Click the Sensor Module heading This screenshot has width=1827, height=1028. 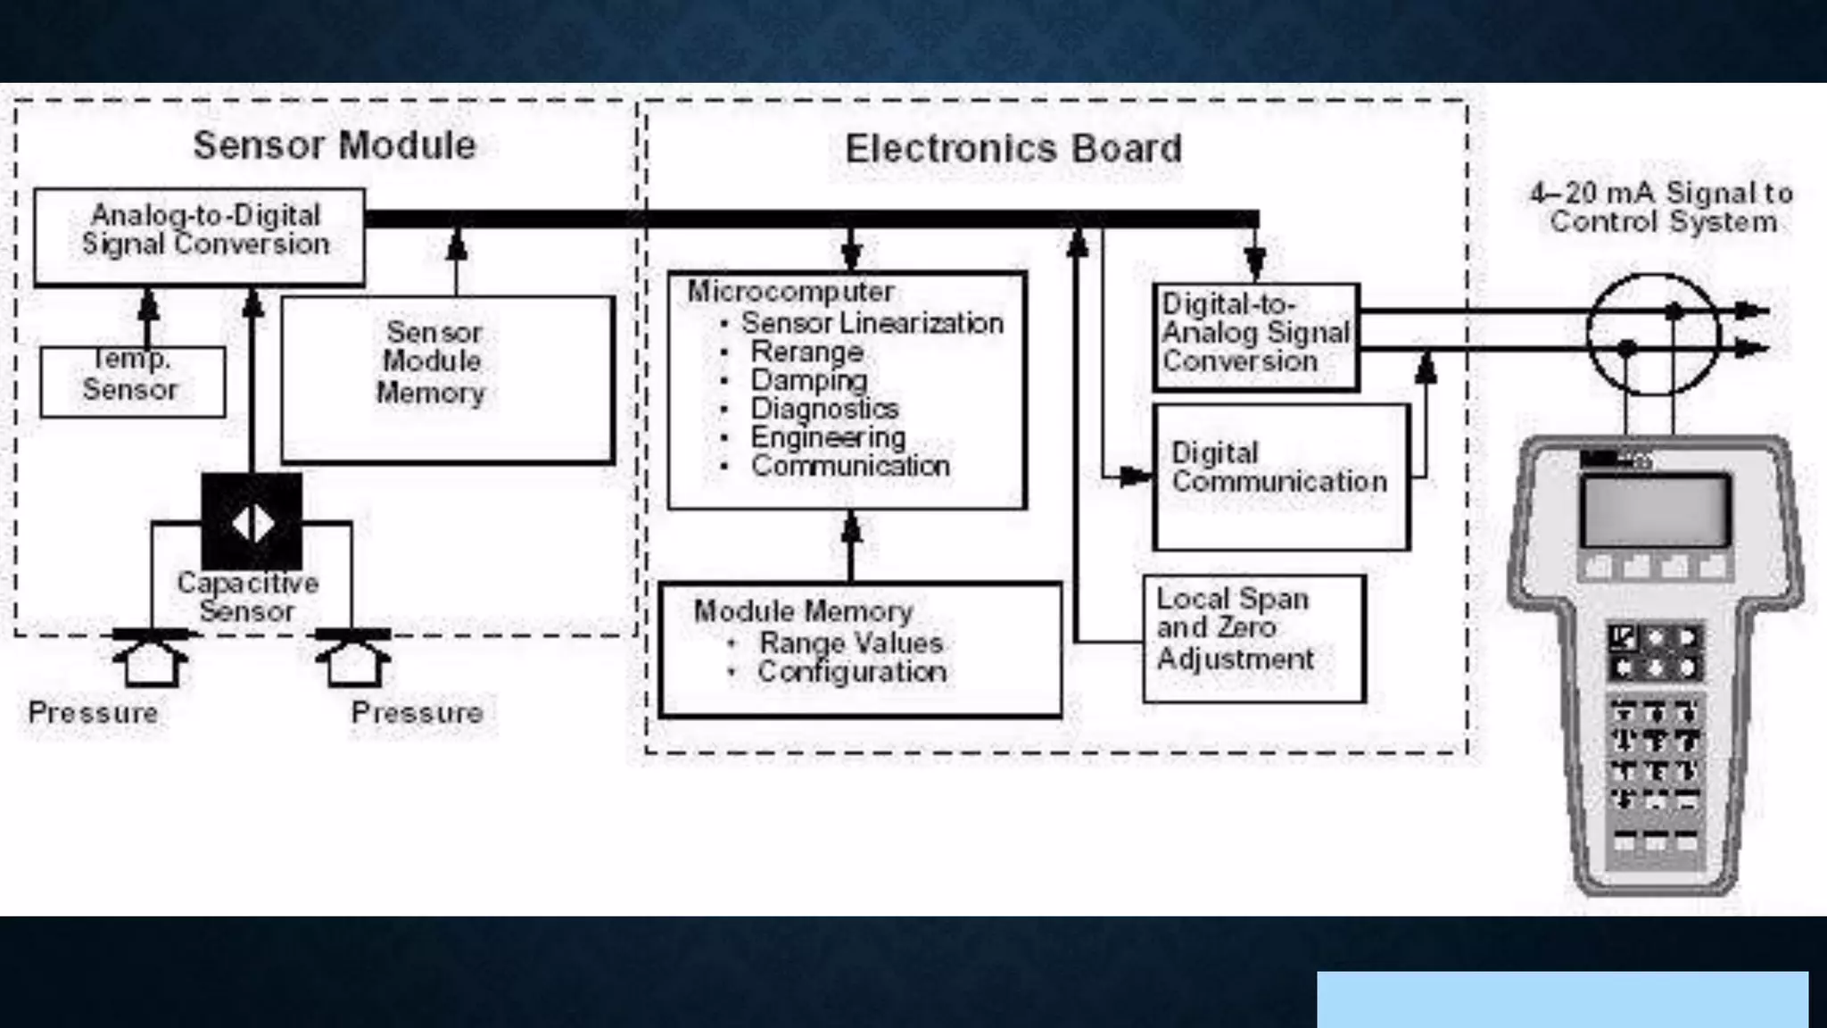click(335, 145)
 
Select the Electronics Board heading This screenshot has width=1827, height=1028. click(1013, 149)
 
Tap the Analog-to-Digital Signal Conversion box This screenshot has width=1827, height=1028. click(200, 236)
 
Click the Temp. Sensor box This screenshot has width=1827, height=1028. click(132, 381)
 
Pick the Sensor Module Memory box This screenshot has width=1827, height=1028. click(448, 379)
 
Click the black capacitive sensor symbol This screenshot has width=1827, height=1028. click(252, 522)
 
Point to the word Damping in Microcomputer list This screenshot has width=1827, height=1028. click(808, 380)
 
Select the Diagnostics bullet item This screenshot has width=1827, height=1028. click(824, 409)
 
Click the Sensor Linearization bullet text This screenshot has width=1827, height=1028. click(872, 323)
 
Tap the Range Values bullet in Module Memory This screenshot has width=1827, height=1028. click(850, 642)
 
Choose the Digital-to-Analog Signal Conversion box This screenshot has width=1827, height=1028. click(1256, 336)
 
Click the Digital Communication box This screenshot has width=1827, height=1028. click(1281, 477)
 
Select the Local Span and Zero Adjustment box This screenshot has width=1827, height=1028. click(1253, 638)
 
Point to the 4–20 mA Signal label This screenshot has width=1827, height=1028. click(1662, 207)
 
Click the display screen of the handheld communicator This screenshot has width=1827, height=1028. click(1656, 511)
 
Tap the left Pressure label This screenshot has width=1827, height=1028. click(93, 712)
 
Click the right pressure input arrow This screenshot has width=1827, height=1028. click(354, 661)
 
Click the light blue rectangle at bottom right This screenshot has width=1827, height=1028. click(1562, 999)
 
